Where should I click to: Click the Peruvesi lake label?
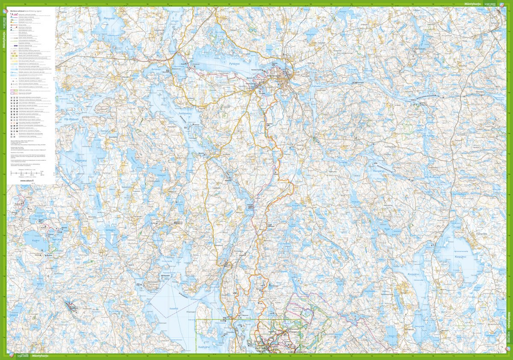(110, 18)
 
